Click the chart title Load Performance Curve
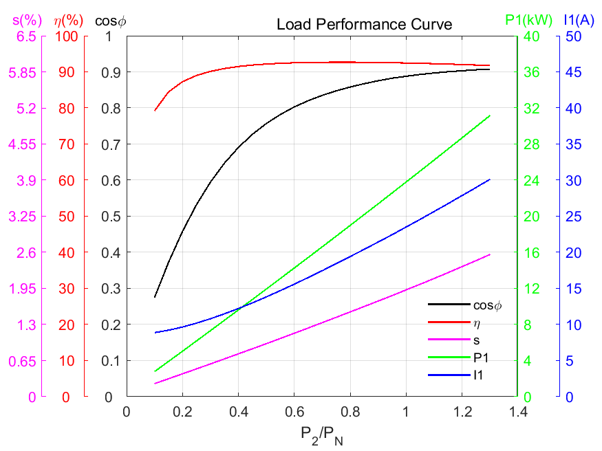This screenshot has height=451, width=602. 364,25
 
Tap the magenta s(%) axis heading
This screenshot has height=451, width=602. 24,21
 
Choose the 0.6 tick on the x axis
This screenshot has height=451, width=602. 294,411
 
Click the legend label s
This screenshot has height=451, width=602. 476,340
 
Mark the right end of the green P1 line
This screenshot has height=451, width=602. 490,115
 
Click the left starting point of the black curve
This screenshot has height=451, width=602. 155,297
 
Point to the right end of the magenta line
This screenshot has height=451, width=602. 490,254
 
